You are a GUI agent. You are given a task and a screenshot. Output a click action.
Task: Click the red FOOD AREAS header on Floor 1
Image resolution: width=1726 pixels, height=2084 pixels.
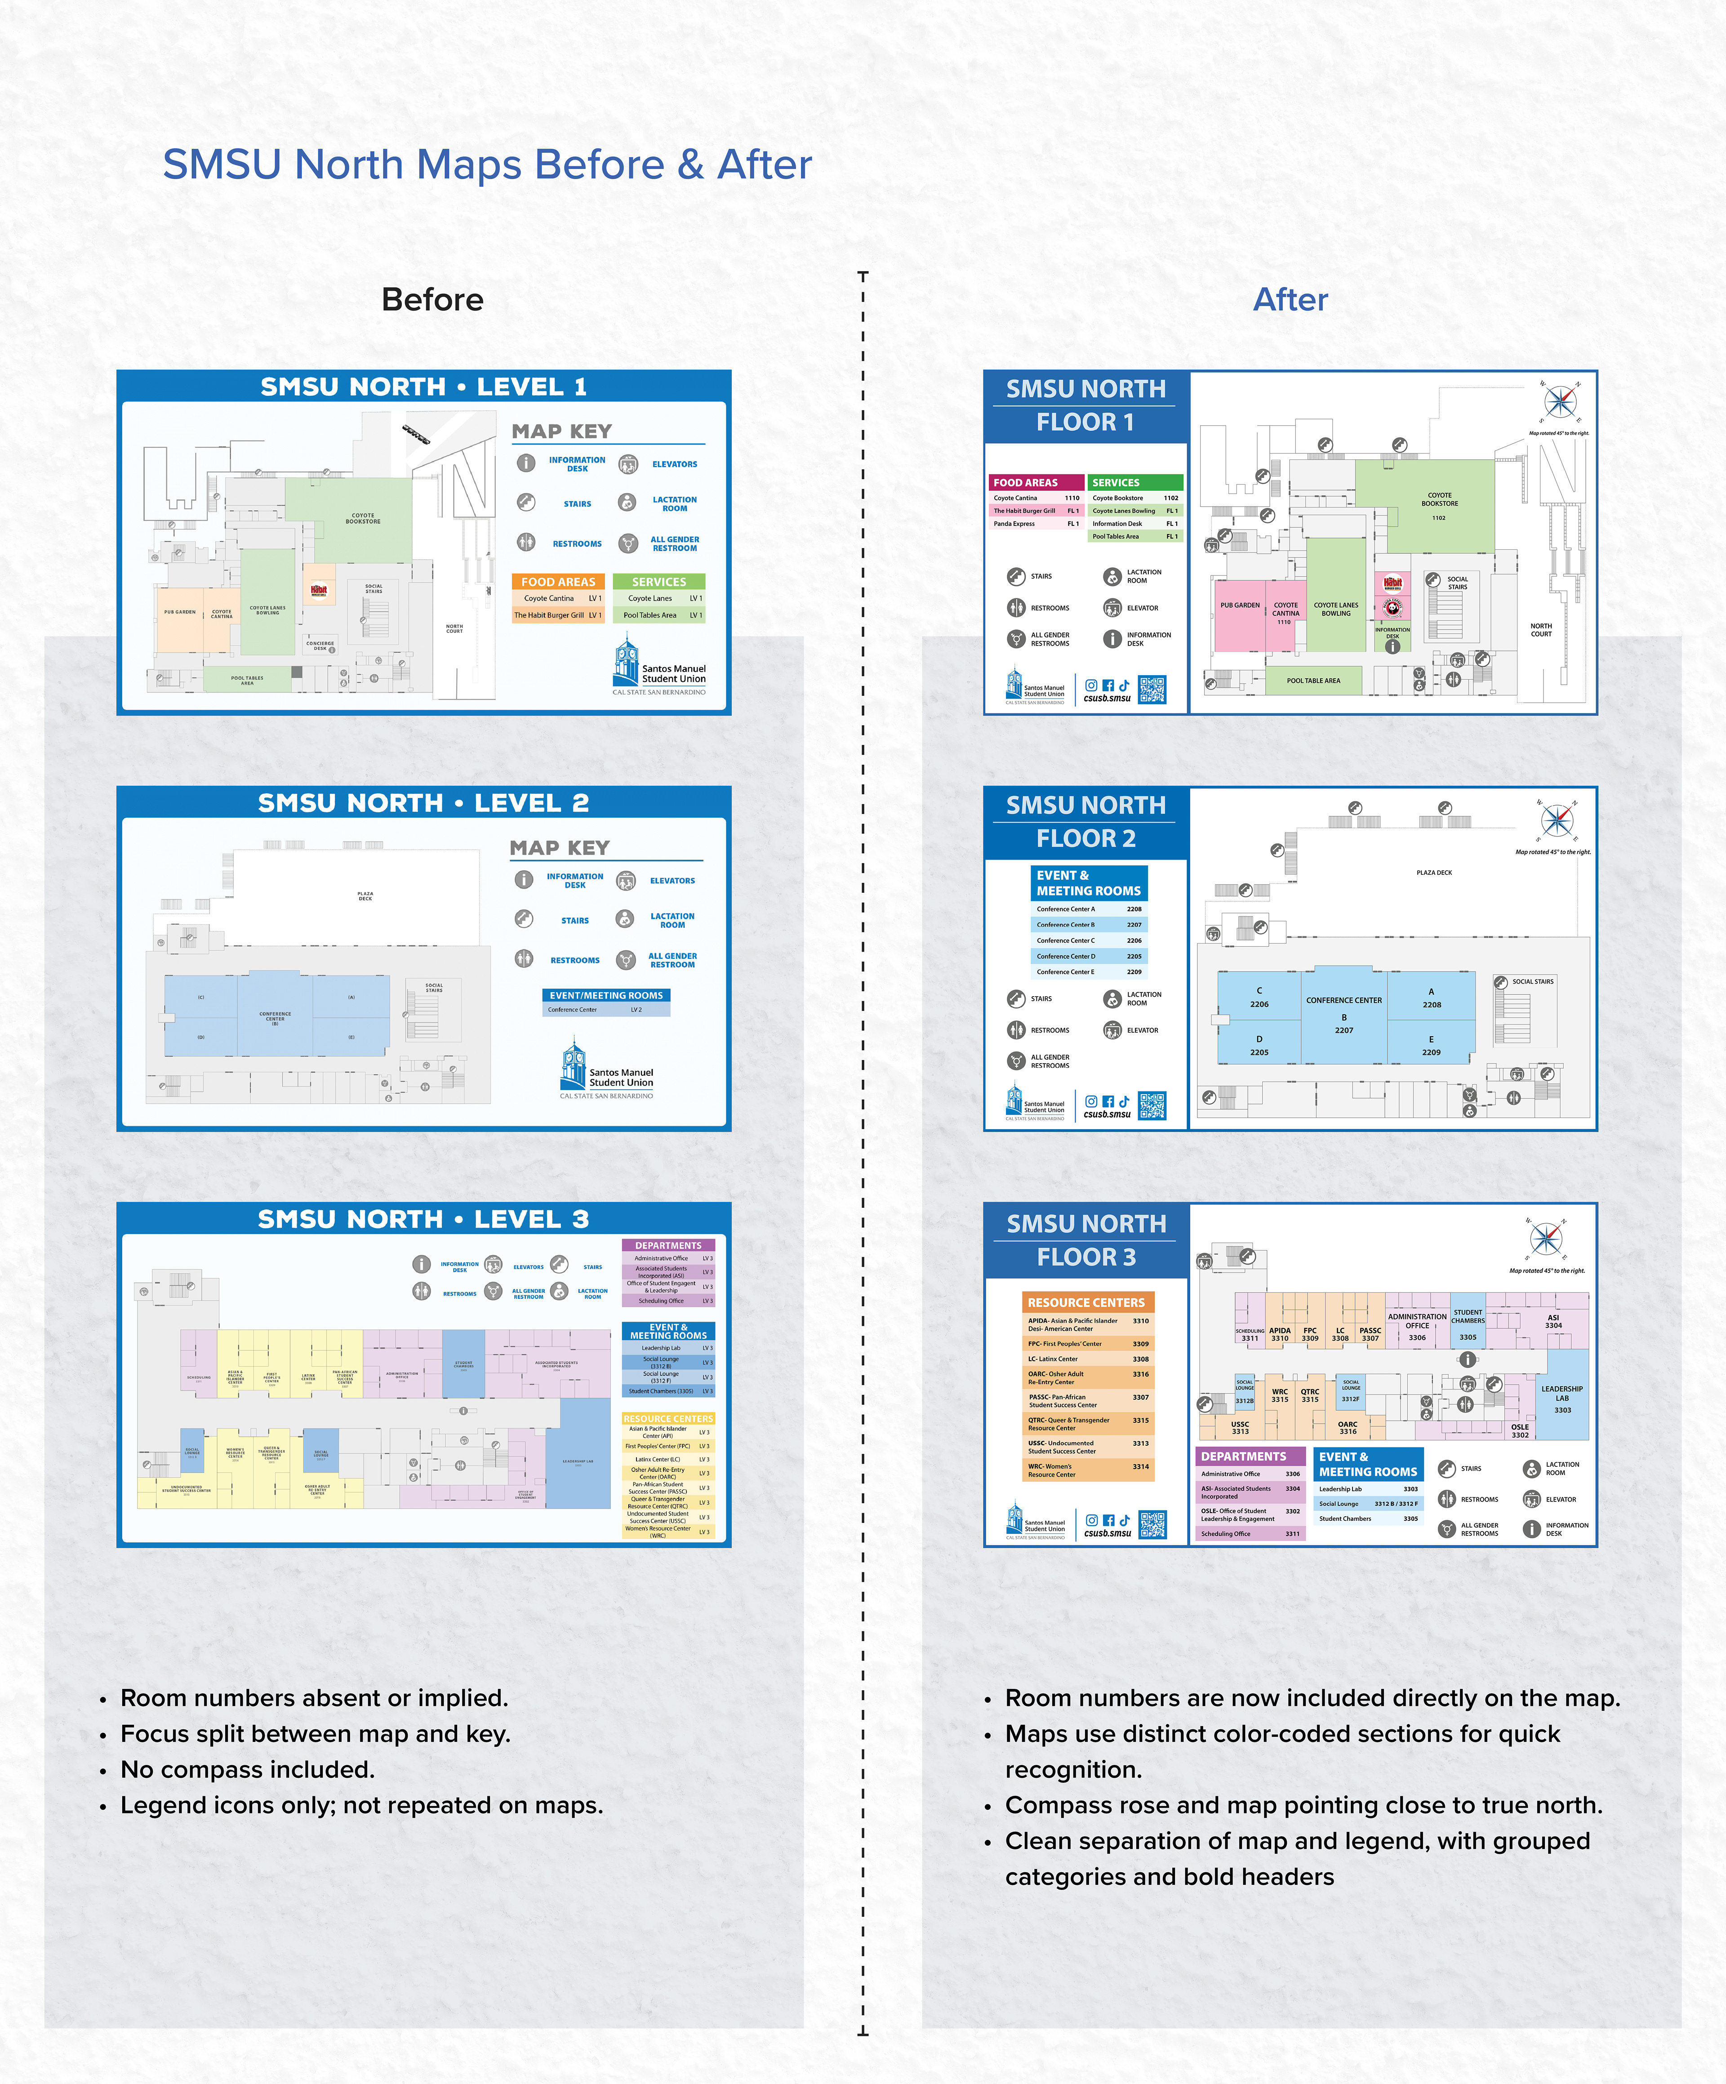click(1034, 482)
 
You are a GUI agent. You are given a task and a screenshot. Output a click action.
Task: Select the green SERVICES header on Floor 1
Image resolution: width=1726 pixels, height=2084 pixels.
click(1134, 482)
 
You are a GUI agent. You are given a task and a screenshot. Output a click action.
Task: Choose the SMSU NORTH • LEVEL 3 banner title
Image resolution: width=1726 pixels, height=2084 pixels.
click(424, 1219)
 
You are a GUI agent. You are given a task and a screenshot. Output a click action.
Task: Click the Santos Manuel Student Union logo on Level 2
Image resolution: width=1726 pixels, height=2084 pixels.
click(606, 1070)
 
